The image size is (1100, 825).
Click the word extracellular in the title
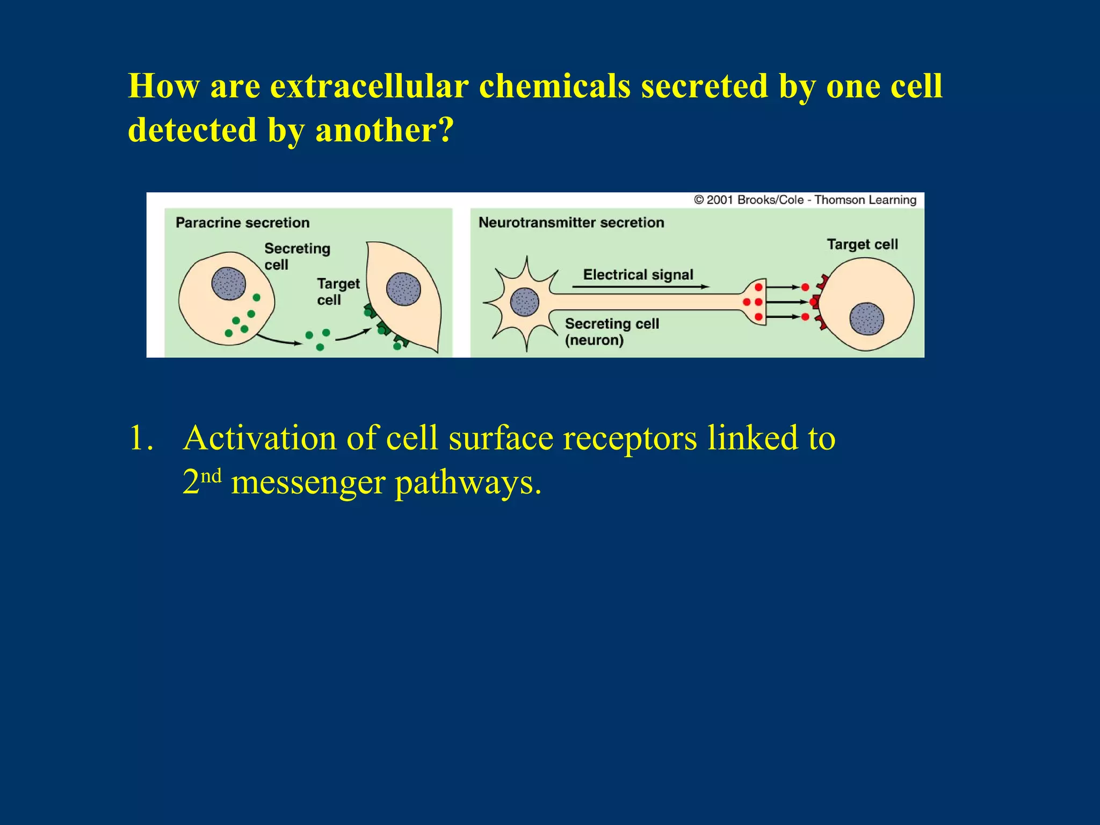[x=369, y=86]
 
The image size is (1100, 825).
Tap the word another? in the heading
[x=385, y=131]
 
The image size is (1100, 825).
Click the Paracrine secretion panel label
[x=242, y=222]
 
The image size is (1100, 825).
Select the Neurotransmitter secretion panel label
[x=571, y=222]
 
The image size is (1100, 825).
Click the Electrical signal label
[x=638, y=274]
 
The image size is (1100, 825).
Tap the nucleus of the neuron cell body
[x=524, y=302]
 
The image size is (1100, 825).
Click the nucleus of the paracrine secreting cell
[x=228, y=284]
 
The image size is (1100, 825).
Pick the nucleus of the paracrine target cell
[x=403, y=289]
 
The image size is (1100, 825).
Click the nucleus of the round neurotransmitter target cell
[x=866, y=319]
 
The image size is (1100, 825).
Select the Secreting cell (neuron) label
[x=611, y=331]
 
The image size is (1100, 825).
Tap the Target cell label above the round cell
[x=862, y=244]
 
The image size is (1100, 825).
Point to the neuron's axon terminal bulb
[x=755, y=302]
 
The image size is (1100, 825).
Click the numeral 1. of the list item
[x=141, y=438]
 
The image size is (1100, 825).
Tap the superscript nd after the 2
[x=211, y=476]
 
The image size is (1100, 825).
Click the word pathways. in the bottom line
[x=468, y=482]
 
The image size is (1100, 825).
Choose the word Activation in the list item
[x=259, y=438]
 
